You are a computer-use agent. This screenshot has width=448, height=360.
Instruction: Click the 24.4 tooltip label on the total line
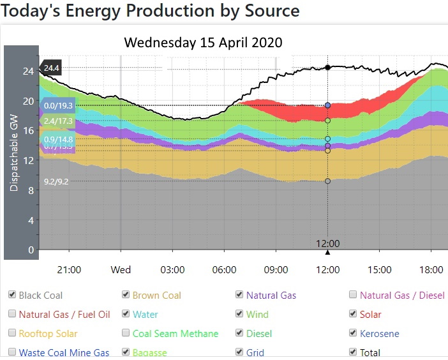pos(51,68)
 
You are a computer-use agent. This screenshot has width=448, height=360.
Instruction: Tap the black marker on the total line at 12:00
pos(327,67)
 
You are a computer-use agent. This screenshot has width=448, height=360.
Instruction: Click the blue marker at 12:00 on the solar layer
pos(327,105)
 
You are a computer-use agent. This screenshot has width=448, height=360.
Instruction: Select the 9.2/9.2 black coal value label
pos(57,182)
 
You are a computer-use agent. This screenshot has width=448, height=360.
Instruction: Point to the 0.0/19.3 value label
pos(57,105)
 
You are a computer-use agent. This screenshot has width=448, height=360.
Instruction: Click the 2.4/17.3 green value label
pos(57,121)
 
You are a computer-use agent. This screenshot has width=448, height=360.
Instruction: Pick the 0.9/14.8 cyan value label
pos(57,139)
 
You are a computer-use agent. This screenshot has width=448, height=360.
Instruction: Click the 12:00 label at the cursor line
pos(327,243)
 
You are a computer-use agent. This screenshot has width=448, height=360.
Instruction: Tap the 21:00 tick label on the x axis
pos(69,270)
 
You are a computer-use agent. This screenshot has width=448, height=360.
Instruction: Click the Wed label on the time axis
pos(121,270)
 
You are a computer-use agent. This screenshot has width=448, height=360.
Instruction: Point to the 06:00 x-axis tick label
pos(224,270)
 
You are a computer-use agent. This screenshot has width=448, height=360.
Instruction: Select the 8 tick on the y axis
pos(29,190)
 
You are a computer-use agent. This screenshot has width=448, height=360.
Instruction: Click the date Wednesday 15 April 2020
pos(203,42)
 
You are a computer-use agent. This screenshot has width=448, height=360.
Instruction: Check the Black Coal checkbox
pos(12,295)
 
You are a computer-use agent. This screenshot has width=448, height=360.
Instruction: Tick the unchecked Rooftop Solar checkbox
pos(12,333)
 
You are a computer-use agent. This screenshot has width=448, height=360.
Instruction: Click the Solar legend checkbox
pos(353,314)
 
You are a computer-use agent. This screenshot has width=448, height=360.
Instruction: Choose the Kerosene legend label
pos(380,333)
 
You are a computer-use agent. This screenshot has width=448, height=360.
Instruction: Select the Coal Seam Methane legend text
pos(175,333)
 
